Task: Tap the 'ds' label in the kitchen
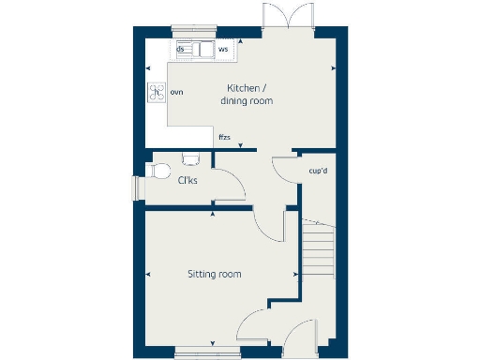click(179, 49)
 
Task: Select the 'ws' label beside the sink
click(223, 48)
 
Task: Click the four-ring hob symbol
click(155, 92)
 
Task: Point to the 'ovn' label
click(176, 92)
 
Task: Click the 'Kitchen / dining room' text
click(246, 94)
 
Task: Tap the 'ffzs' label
click(224, 138)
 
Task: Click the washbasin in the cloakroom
click(191, 157)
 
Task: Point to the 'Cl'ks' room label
click(187, 181)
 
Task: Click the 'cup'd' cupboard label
click(317, 171)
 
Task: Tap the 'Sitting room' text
click(214, 275)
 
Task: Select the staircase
click(319, 248)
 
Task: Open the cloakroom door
click(231, 184)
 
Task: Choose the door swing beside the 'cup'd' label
click(285, 169)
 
